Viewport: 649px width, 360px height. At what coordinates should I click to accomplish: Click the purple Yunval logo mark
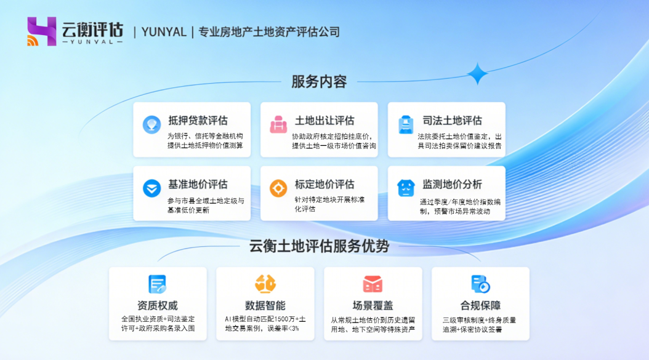coord(41,31)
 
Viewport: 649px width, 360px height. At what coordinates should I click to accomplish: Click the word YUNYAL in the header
coord(164,32)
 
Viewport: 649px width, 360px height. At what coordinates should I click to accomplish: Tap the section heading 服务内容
coord(319,82)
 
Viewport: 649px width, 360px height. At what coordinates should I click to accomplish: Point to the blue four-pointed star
coord(477,74)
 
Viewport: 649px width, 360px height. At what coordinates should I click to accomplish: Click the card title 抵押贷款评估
coord(198,121)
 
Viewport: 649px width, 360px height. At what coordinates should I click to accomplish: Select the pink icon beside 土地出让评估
coord(278,124)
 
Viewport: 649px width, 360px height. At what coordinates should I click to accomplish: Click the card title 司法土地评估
coord(452,121)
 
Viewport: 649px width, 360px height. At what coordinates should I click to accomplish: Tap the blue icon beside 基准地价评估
coord(151,188)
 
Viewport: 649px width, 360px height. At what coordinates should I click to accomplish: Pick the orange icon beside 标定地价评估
coord(278,188)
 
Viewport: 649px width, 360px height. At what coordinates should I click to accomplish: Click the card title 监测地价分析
coord(452,185)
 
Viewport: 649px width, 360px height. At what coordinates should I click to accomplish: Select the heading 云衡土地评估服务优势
coord(319,246)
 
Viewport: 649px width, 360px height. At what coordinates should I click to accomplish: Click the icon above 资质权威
coord(158,284)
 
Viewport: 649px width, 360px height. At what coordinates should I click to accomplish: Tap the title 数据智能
coord(265,305)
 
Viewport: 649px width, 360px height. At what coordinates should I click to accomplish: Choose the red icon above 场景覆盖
coord(373,284)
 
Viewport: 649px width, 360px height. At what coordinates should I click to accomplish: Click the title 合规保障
coord(480,305)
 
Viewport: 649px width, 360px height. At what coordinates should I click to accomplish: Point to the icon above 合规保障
coord(480,284)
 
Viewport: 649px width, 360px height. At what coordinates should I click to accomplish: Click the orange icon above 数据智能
coord(265,284)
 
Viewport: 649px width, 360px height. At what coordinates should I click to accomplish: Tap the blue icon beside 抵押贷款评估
coord(151,124)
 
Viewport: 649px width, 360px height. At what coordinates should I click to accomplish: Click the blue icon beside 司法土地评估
coord(405,124)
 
